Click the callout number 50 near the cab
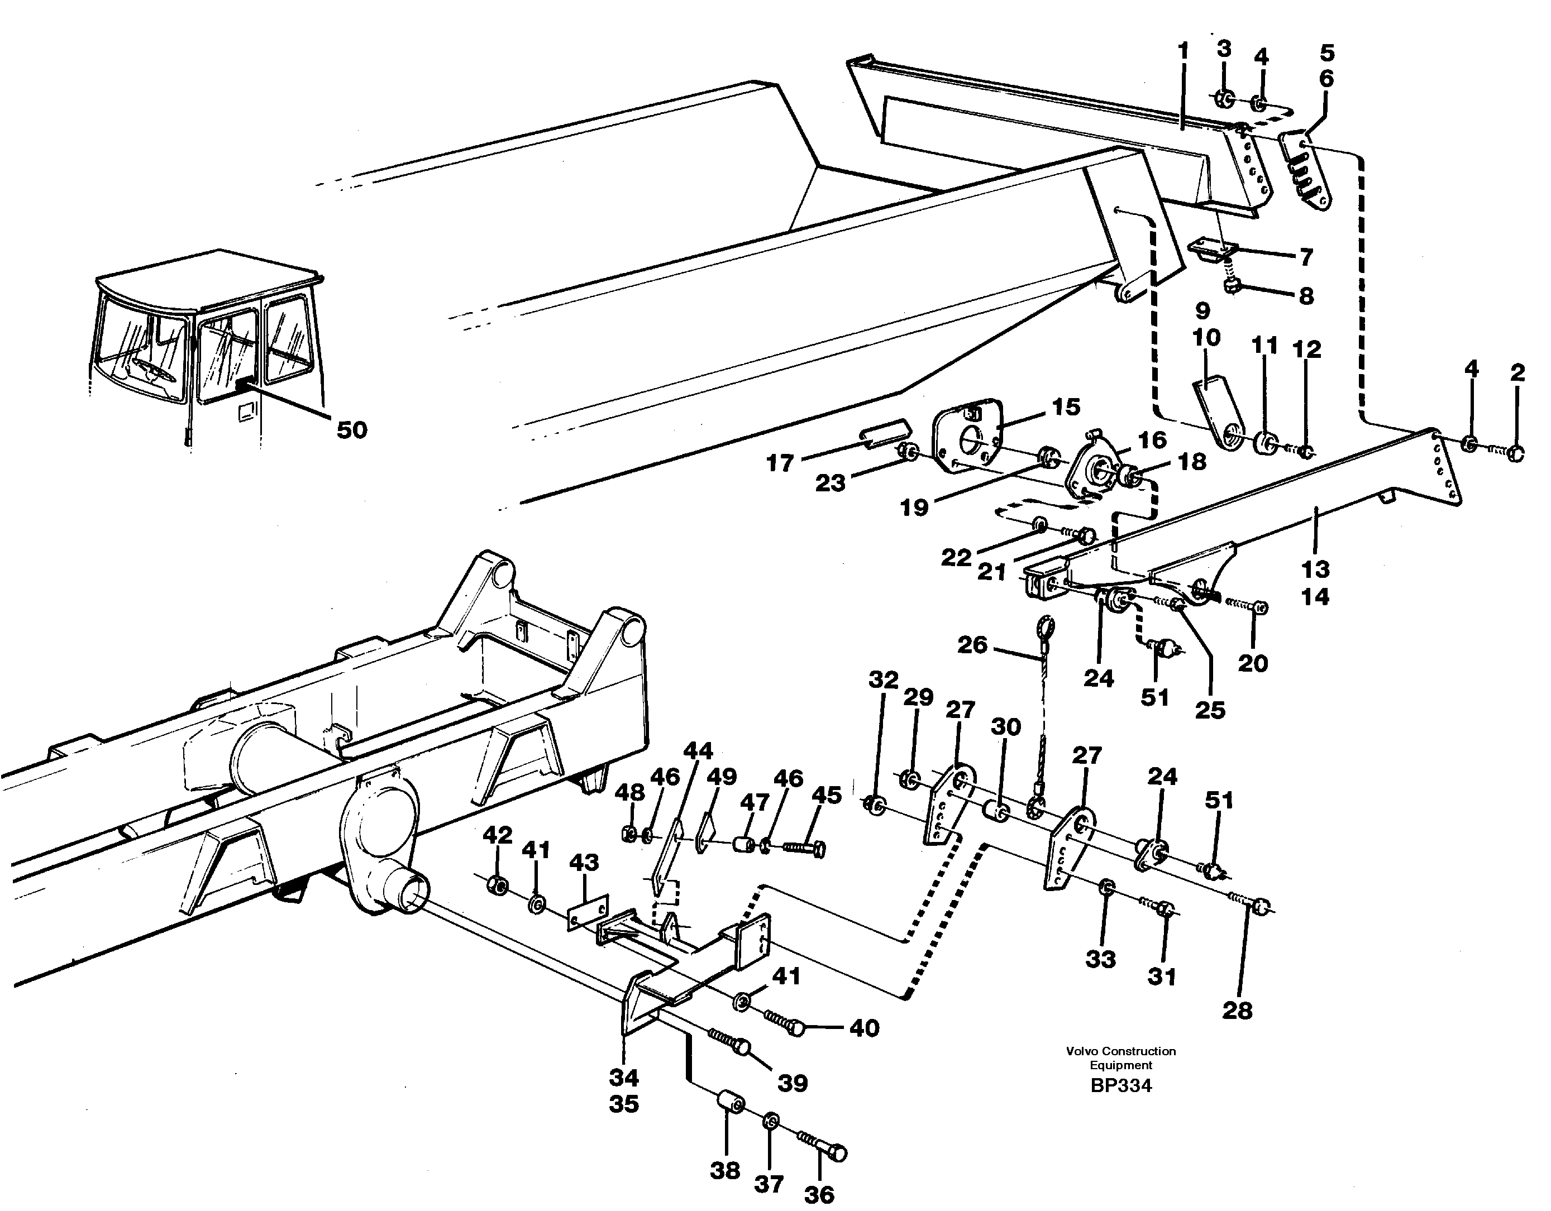[351, 429]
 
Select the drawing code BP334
[1120, 1086]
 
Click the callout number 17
[779, 463]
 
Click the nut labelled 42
[498, 884]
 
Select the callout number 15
[1065, 407]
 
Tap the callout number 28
[1237, 1011]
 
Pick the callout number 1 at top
[1182, 51]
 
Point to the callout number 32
[884, 680]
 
